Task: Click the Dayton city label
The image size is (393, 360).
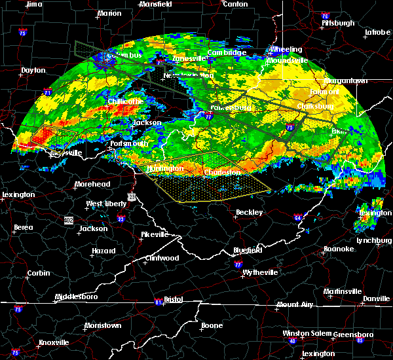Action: click(x=33, y=70)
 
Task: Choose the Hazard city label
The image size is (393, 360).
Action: click(x=103, y=251)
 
